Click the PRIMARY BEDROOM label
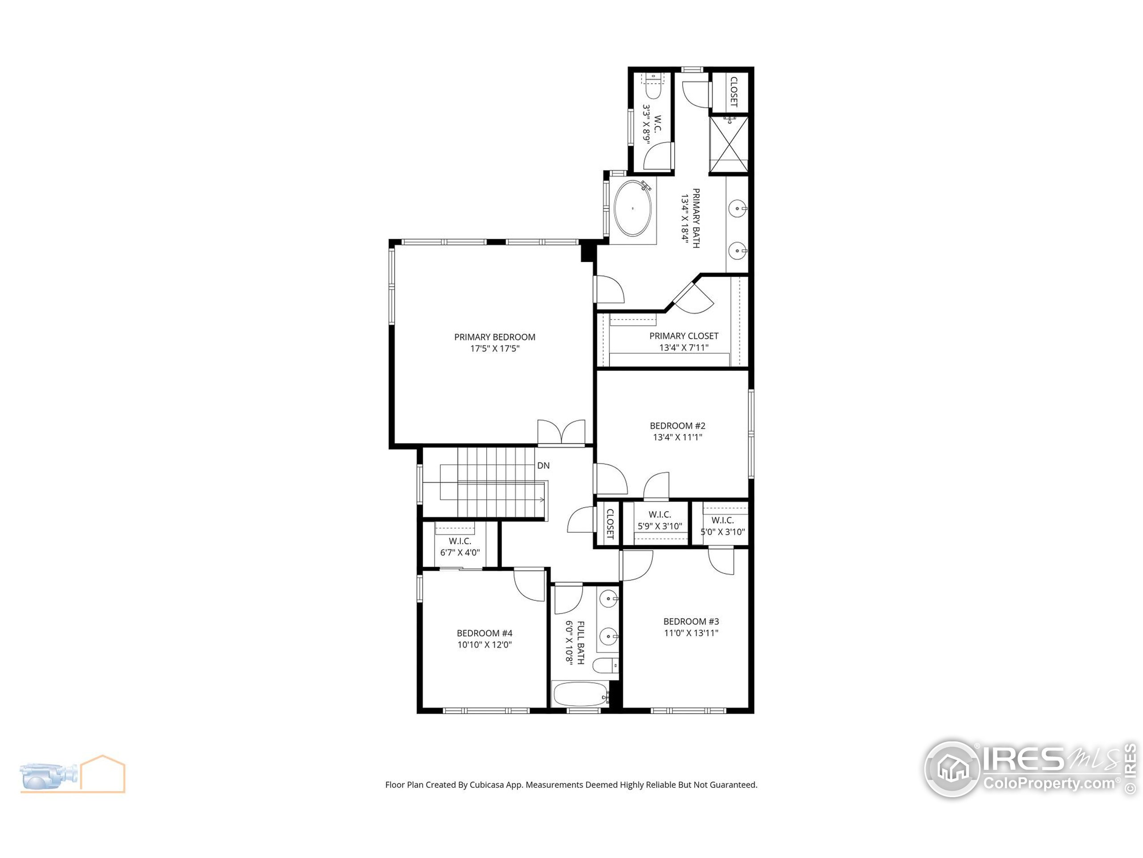pyautogui.click(x=495, y=336)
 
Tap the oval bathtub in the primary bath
pyautogui.click(x=633, y=208)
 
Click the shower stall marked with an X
pyautogui.click(x=728, y=144)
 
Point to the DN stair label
pyautogui.click(x=543, y=466)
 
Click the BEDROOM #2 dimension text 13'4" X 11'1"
pyautogui.click(x=677, y=437)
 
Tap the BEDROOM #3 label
pyautogui.click(x=691, y=621)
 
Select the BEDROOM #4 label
pyautogui.click(x=484, y=633)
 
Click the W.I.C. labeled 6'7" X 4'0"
pyautogui.click(x=460, y=547)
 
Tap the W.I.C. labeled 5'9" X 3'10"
pyautogui.click(x=660, y=520)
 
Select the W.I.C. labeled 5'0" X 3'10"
pyautogui.click(x=722, y=526)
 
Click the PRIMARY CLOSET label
pyautogui.click(x=684, y=336)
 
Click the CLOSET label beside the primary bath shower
pyautogui.click(x=733, y=92)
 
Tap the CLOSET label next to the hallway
pyautogui.click(x=609, y=524)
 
